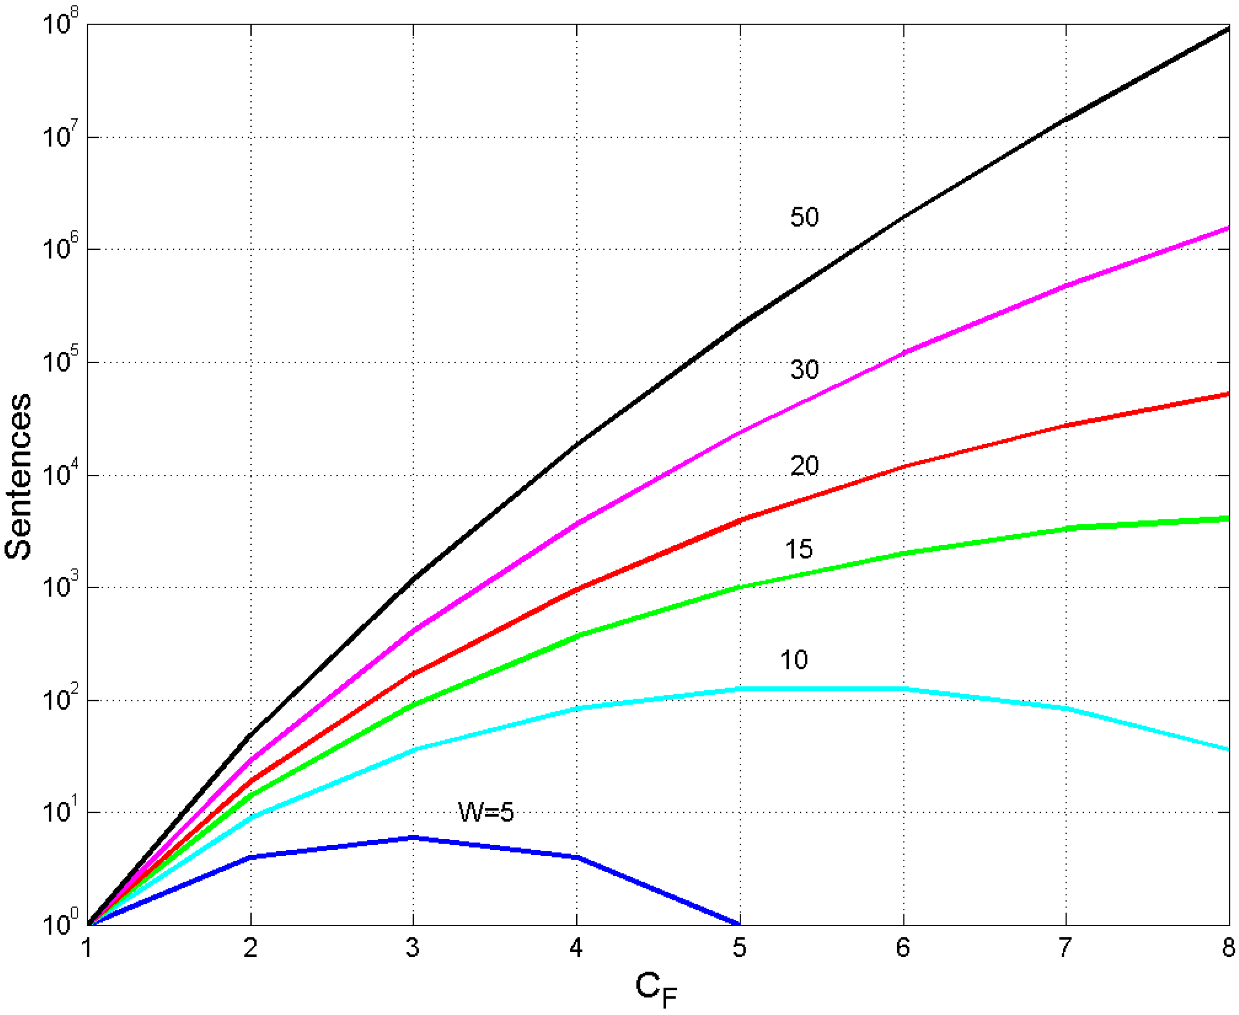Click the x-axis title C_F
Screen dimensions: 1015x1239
click(x=655, y=989)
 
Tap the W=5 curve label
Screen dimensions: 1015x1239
click(x=485, y=812)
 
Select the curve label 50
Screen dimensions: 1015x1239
click(x=805, y=217)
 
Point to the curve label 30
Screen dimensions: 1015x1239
click(x=805, y=370)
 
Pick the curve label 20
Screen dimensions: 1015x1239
click(x=805, y=466)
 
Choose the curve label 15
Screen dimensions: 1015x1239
click(x=799, y=549)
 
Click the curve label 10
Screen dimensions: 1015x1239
click(x=793, y=660)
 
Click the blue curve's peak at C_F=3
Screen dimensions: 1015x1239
click(x=413, y=837)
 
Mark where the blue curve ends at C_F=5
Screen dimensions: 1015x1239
click(x=740, y=924)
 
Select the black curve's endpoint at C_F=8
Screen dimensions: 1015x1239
click(x=1229, y=28)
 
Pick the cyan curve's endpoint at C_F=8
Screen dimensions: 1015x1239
click(x=1229, y=750)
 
